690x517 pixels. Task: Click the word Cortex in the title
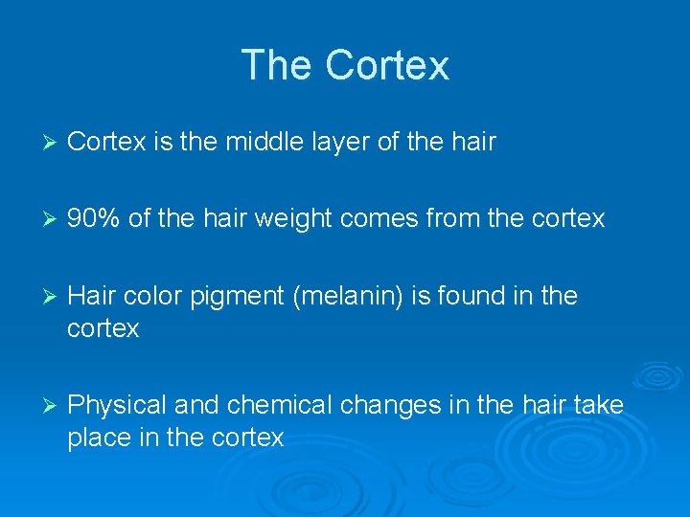(387, 65)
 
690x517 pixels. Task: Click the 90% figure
(94, 219)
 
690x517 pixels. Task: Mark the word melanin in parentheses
(351, 296)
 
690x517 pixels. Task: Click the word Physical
(120, 406)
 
